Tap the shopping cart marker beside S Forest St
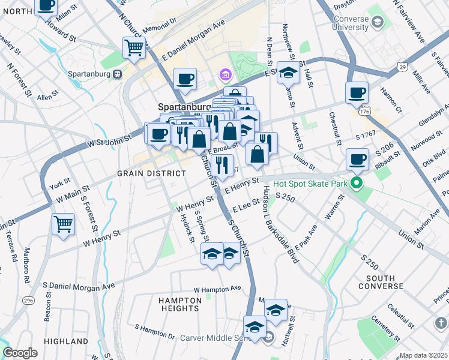click(x=63, y=225)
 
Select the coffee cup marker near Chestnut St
click(x=357, y=92)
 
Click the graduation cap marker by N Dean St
click(x=288, y=73)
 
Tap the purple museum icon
click(x=225, y=75)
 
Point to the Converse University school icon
click(x=378, y=23)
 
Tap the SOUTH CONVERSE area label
click(x=380, y=282)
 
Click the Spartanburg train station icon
click(x=118, y=73)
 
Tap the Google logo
click(x=20, y=353)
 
